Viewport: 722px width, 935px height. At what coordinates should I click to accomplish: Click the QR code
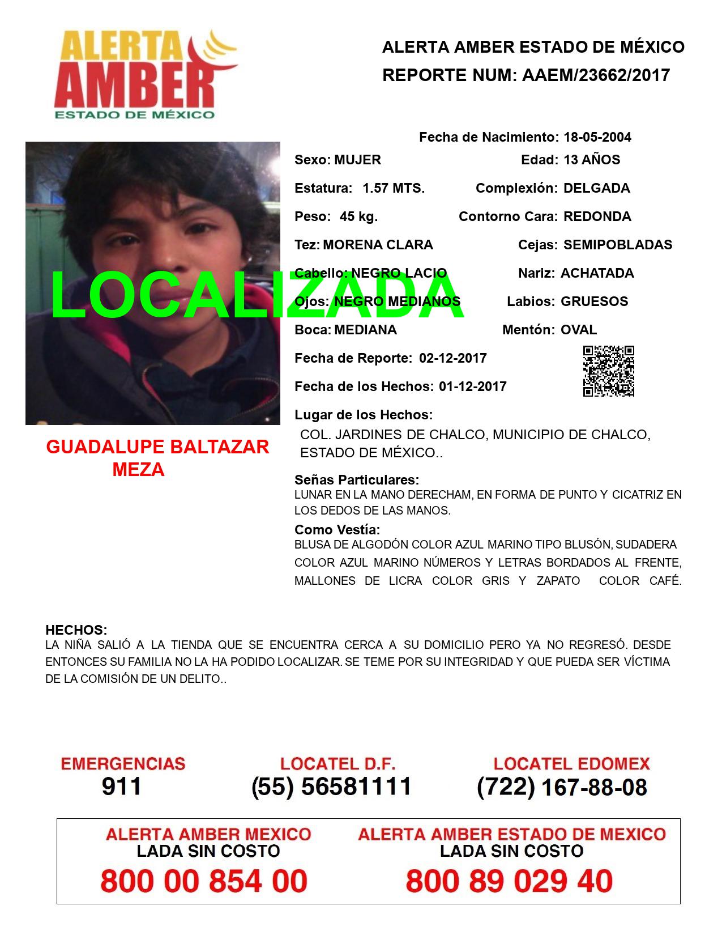point(609,371)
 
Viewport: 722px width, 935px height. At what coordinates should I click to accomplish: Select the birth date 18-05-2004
point(597,137)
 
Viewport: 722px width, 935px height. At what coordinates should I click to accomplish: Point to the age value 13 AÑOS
point(592,160)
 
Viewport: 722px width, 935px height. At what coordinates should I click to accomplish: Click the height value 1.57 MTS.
point(394,188)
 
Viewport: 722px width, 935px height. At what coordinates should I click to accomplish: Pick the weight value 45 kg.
point(358,216)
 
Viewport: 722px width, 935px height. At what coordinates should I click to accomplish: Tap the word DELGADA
point(597,188)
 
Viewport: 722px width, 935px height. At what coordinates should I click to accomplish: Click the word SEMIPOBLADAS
point(618,245)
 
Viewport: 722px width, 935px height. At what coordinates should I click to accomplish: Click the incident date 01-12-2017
point(473,386)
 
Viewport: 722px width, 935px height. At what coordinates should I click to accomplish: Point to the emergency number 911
point(122,786)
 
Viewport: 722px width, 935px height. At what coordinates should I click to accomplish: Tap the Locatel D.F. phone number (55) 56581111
point(332,786)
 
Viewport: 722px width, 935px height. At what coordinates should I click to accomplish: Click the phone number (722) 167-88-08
point(562,787)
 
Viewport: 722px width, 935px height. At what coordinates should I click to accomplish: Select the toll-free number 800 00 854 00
point(204,881)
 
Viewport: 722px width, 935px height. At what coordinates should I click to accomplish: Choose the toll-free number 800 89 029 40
point(509,881)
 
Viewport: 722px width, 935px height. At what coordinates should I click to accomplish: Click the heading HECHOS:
point(76,630)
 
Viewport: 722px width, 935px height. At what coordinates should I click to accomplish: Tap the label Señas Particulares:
point(357,480)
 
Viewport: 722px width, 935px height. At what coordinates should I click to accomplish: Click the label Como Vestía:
point(337,530)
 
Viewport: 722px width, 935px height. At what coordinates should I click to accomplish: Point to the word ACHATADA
point(597,273)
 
